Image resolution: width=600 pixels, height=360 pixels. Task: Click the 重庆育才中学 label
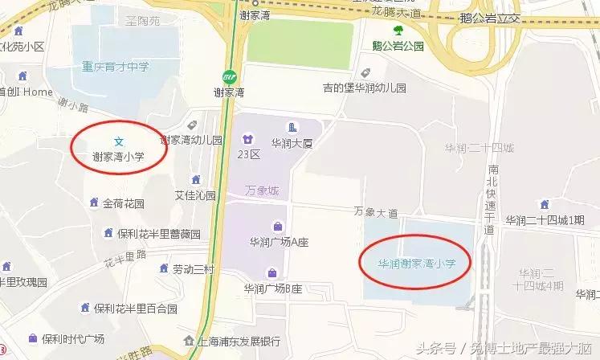(114, 67)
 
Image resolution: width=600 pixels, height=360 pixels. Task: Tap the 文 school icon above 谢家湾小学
(117, 142)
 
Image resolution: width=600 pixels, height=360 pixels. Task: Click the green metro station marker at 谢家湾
(231, 77)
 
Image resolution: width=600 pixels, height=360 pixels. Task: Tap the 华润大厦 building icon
(292, 127)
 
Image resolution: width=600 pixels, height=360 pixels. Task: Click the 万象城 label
(262, 191)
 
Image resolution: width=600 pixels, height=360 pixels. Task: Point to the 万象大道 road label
(376, 213)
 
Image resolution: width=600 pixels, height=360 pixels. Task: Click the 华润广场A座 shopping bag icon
(278, 226)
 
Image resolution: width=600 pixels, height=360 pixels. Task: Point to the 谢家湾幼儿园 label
(192, 140)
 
